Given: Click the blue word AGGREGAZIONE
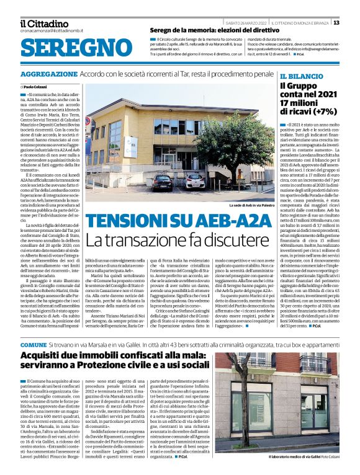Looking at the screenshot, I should (x=48, y=73).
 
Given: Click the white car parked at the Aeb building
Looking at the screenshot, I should (x=195, y=180).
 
